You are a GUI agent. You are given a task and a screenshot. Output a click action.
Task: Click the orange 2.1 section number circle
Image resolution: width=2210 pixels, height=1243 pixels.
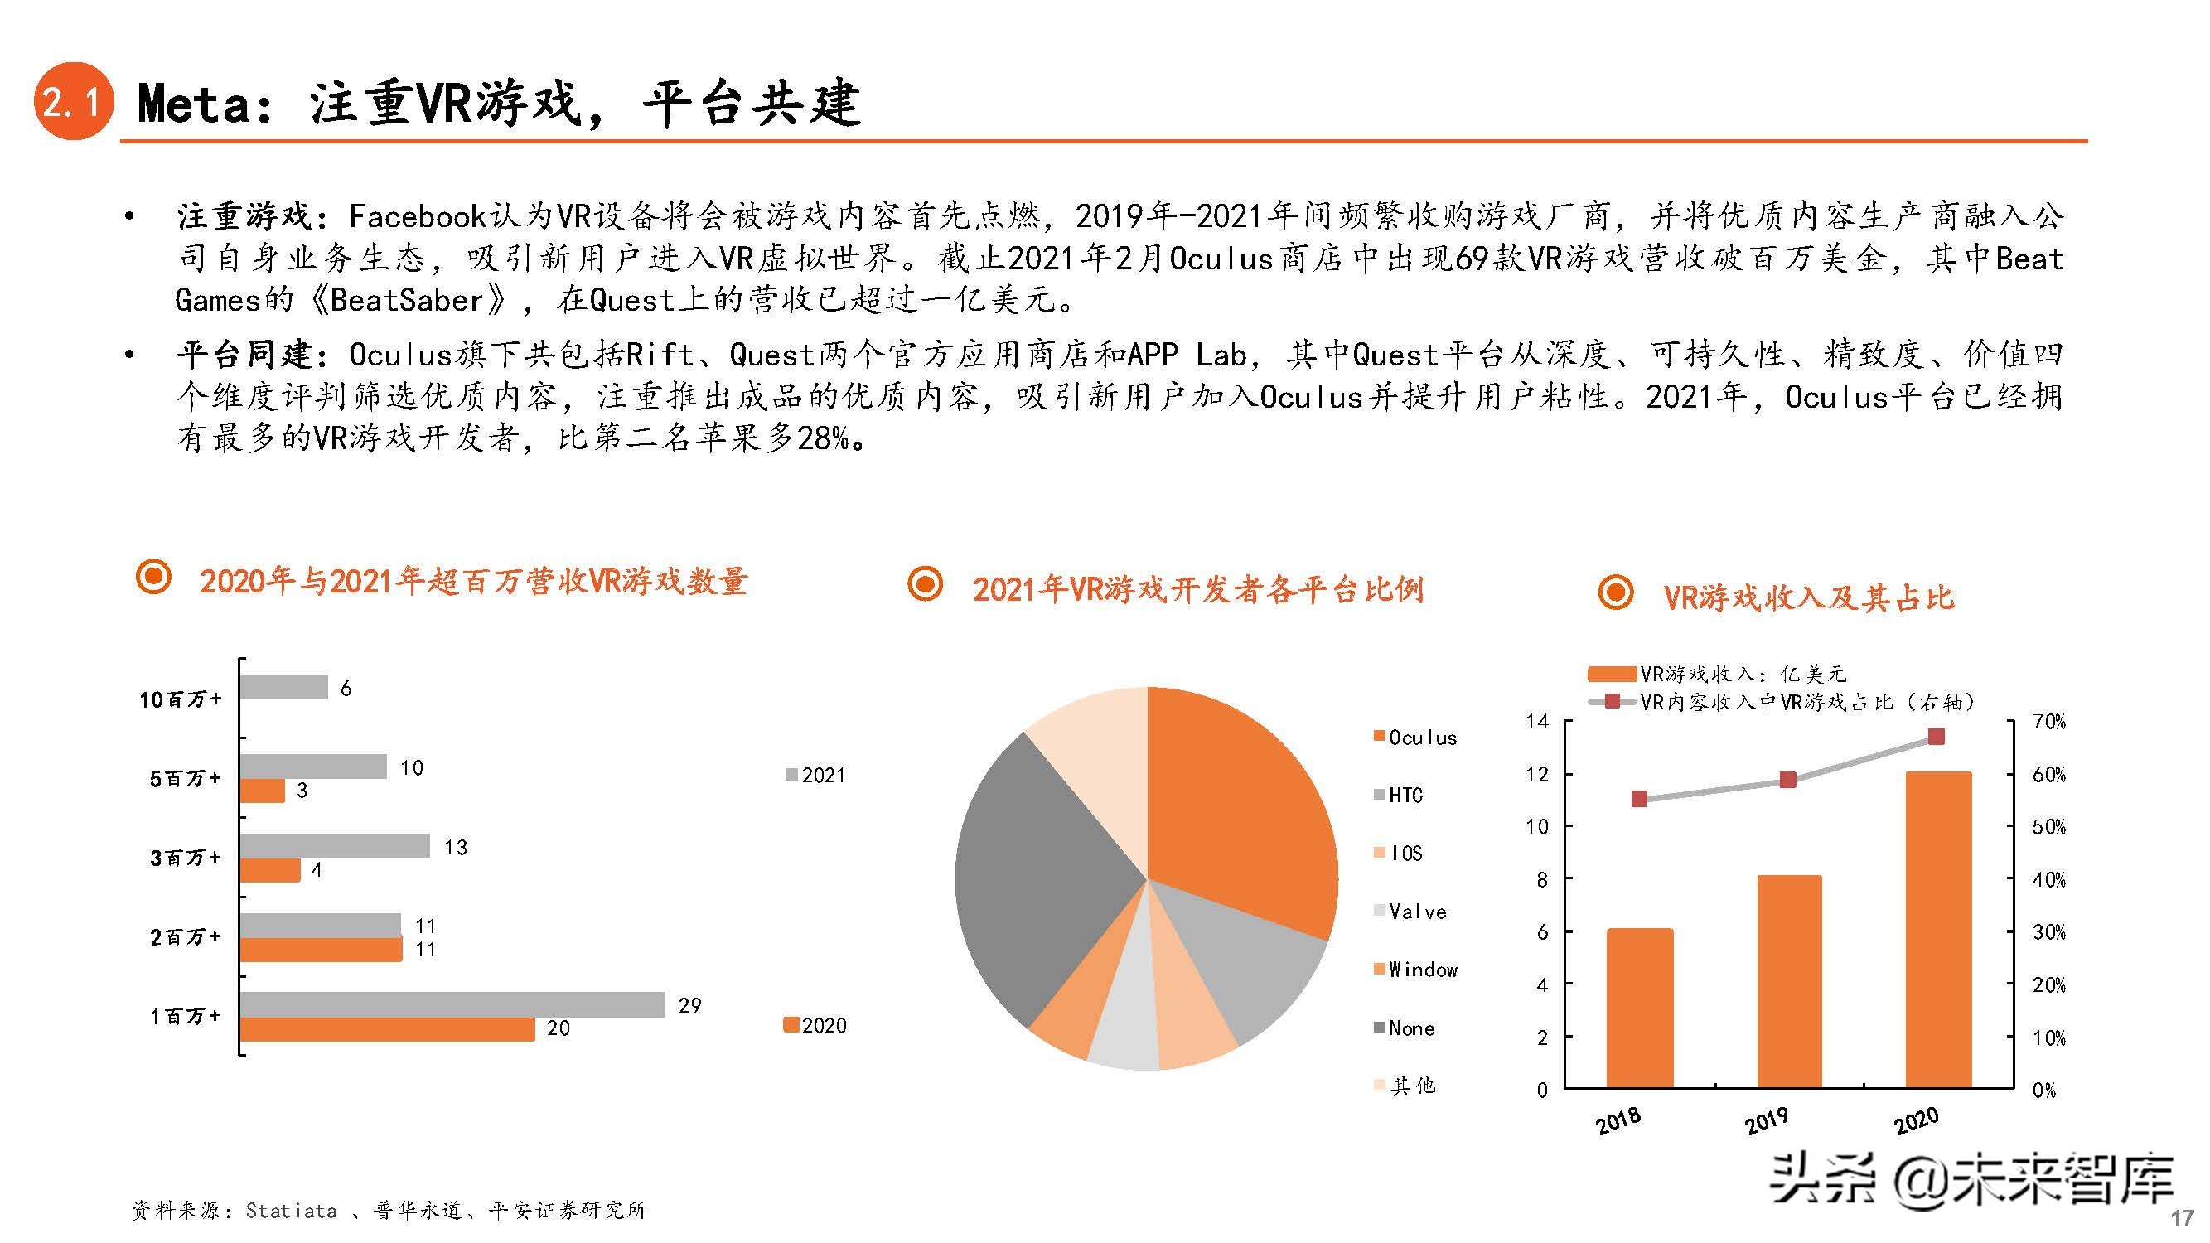74,104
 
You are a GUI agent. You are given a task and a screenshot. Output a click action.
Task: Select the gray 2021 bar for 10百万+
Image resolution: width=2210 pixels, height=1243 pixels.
283,687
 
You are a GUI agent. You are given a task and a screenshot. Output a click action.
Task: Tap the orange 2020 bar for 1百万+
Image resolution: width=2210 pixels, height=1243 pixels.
387,1029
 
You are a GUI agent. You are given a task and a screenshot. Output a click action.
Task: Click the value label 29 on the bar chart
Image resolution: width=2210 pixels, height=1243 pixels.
689,1005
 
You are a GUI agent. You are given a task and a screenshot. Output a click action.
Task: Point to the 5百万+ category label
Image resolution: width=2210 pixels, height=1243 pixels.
186,779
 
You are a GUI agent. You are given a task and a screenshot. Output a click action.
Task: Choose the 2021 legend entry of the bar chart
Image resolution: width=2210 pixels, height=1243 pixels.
816,776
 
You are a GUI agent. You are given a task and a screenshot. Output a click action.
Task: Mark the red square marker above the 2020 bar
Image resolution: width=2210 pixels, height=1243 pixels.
1937,737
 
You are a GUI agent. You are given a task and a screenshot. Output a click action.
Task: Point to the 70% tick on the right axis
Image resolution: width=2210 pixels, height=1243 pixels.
2048,723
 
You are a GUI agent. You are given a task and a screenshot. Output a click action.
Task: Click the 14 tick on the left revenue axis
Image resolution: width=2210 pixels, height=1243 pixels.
1537,722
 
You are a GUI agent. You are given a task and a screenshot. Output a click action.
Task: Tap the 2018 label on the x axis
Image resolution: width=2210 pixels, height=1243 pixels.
1618,1120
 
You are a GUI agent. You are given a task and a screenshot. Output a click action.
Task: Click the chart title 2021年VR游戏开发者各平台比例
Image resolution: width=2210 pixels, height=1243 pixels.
1197,590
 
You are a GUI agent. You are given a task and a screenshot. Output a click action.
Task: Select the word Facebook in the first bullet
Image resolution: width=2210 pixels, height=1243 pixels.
418,216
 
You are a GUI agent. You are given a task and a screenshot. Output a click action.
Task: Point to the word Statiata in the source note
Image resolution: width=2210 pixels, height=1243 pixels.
291,1211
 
